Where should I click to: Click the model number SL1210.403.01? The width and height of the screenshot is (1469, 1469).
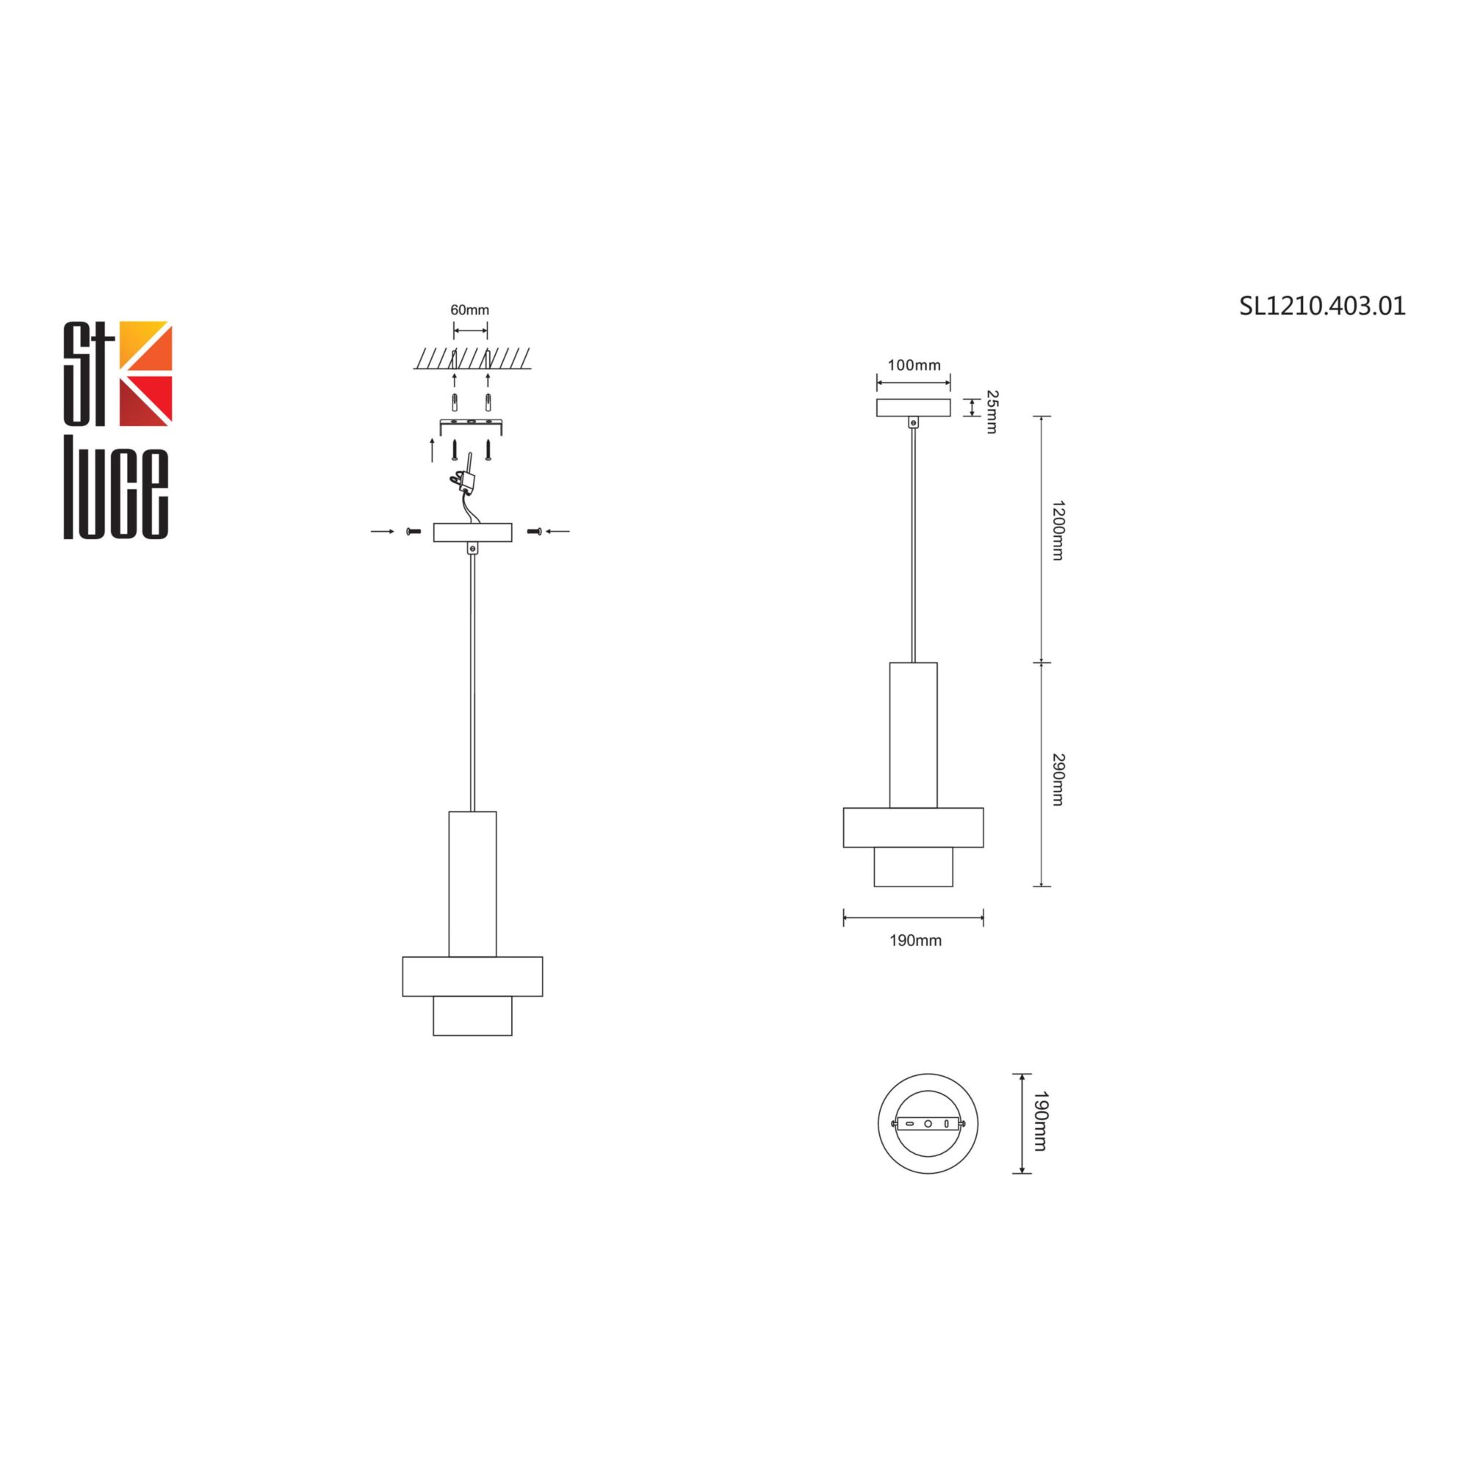tap(1322, 306)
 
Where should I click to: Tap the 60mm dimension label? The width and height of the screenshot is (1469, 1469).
tap(470, 310)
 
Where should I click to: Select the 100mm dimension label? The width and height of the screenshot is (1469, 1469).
tap(914, 365)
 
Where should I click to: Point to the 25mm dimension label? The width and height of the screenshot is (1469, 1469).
tap(992, 411)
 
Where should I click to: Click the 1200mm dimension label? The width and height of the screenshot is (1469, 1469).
tap(1057, 530)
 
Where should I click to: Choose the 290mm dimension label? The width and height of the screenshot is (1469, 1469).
tap(1057, 779)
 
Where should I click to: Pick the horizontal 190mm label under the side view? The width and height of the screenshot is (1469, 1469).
tap(915, 941)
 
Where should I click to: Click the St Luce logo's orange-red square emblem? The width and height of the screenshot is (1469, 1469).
tap(148, 373)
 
